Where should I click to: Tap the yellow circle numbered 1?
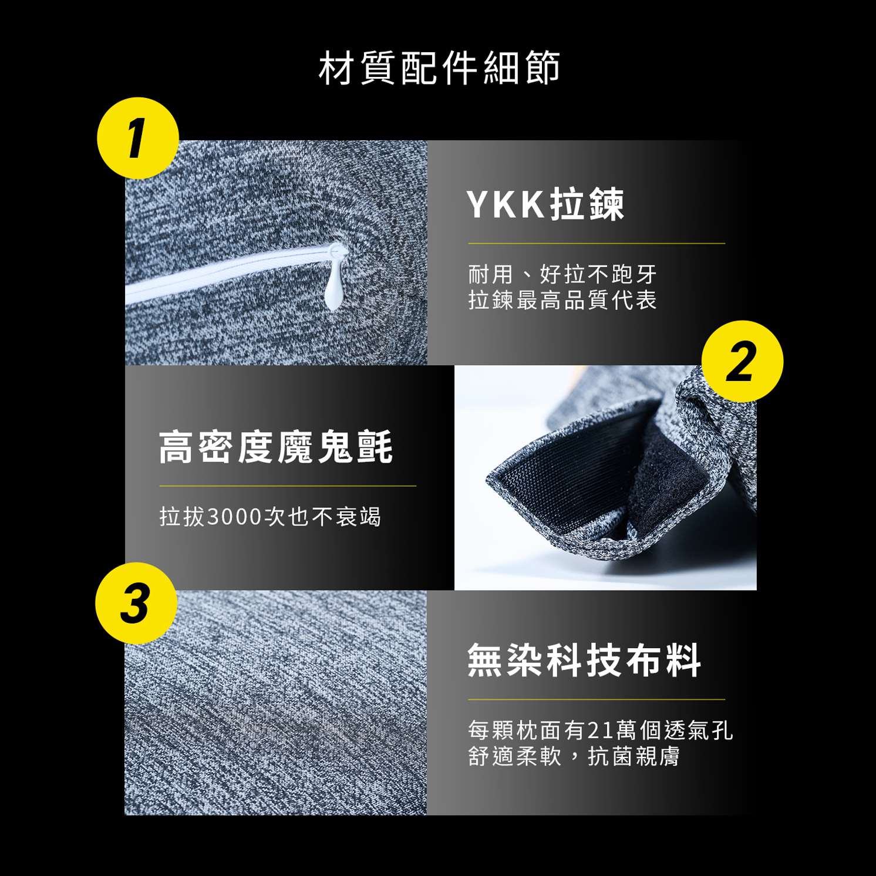tap(137, 138)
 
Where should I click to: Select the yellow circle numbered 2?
tap(742, 361)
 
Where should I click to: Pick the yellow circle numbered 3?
tap(136, 603)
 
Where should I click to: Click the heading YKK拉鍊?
tap(545, 205)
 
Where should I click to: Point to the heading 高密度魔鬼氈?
tap(276, 447)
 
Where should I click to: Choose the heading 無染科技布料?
tap(584, 661)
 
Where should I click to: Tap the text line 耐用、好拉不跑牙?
tap(562, 274)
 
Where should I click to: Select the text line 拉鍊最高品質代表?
tap(562, 301)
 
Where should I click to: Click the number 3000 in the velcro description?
tap(234, 517)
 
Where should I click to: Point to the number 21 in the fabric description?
tap(599, 730)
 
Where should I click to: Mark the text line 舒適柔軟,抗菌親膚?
tap(574, 757)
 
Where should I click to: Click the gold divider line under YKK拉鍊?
tap(596, 243)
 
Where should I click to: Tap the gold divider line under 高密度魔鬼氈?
tap(288, 486)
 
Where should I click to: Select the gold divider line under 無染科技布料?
tap(596, 699)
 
